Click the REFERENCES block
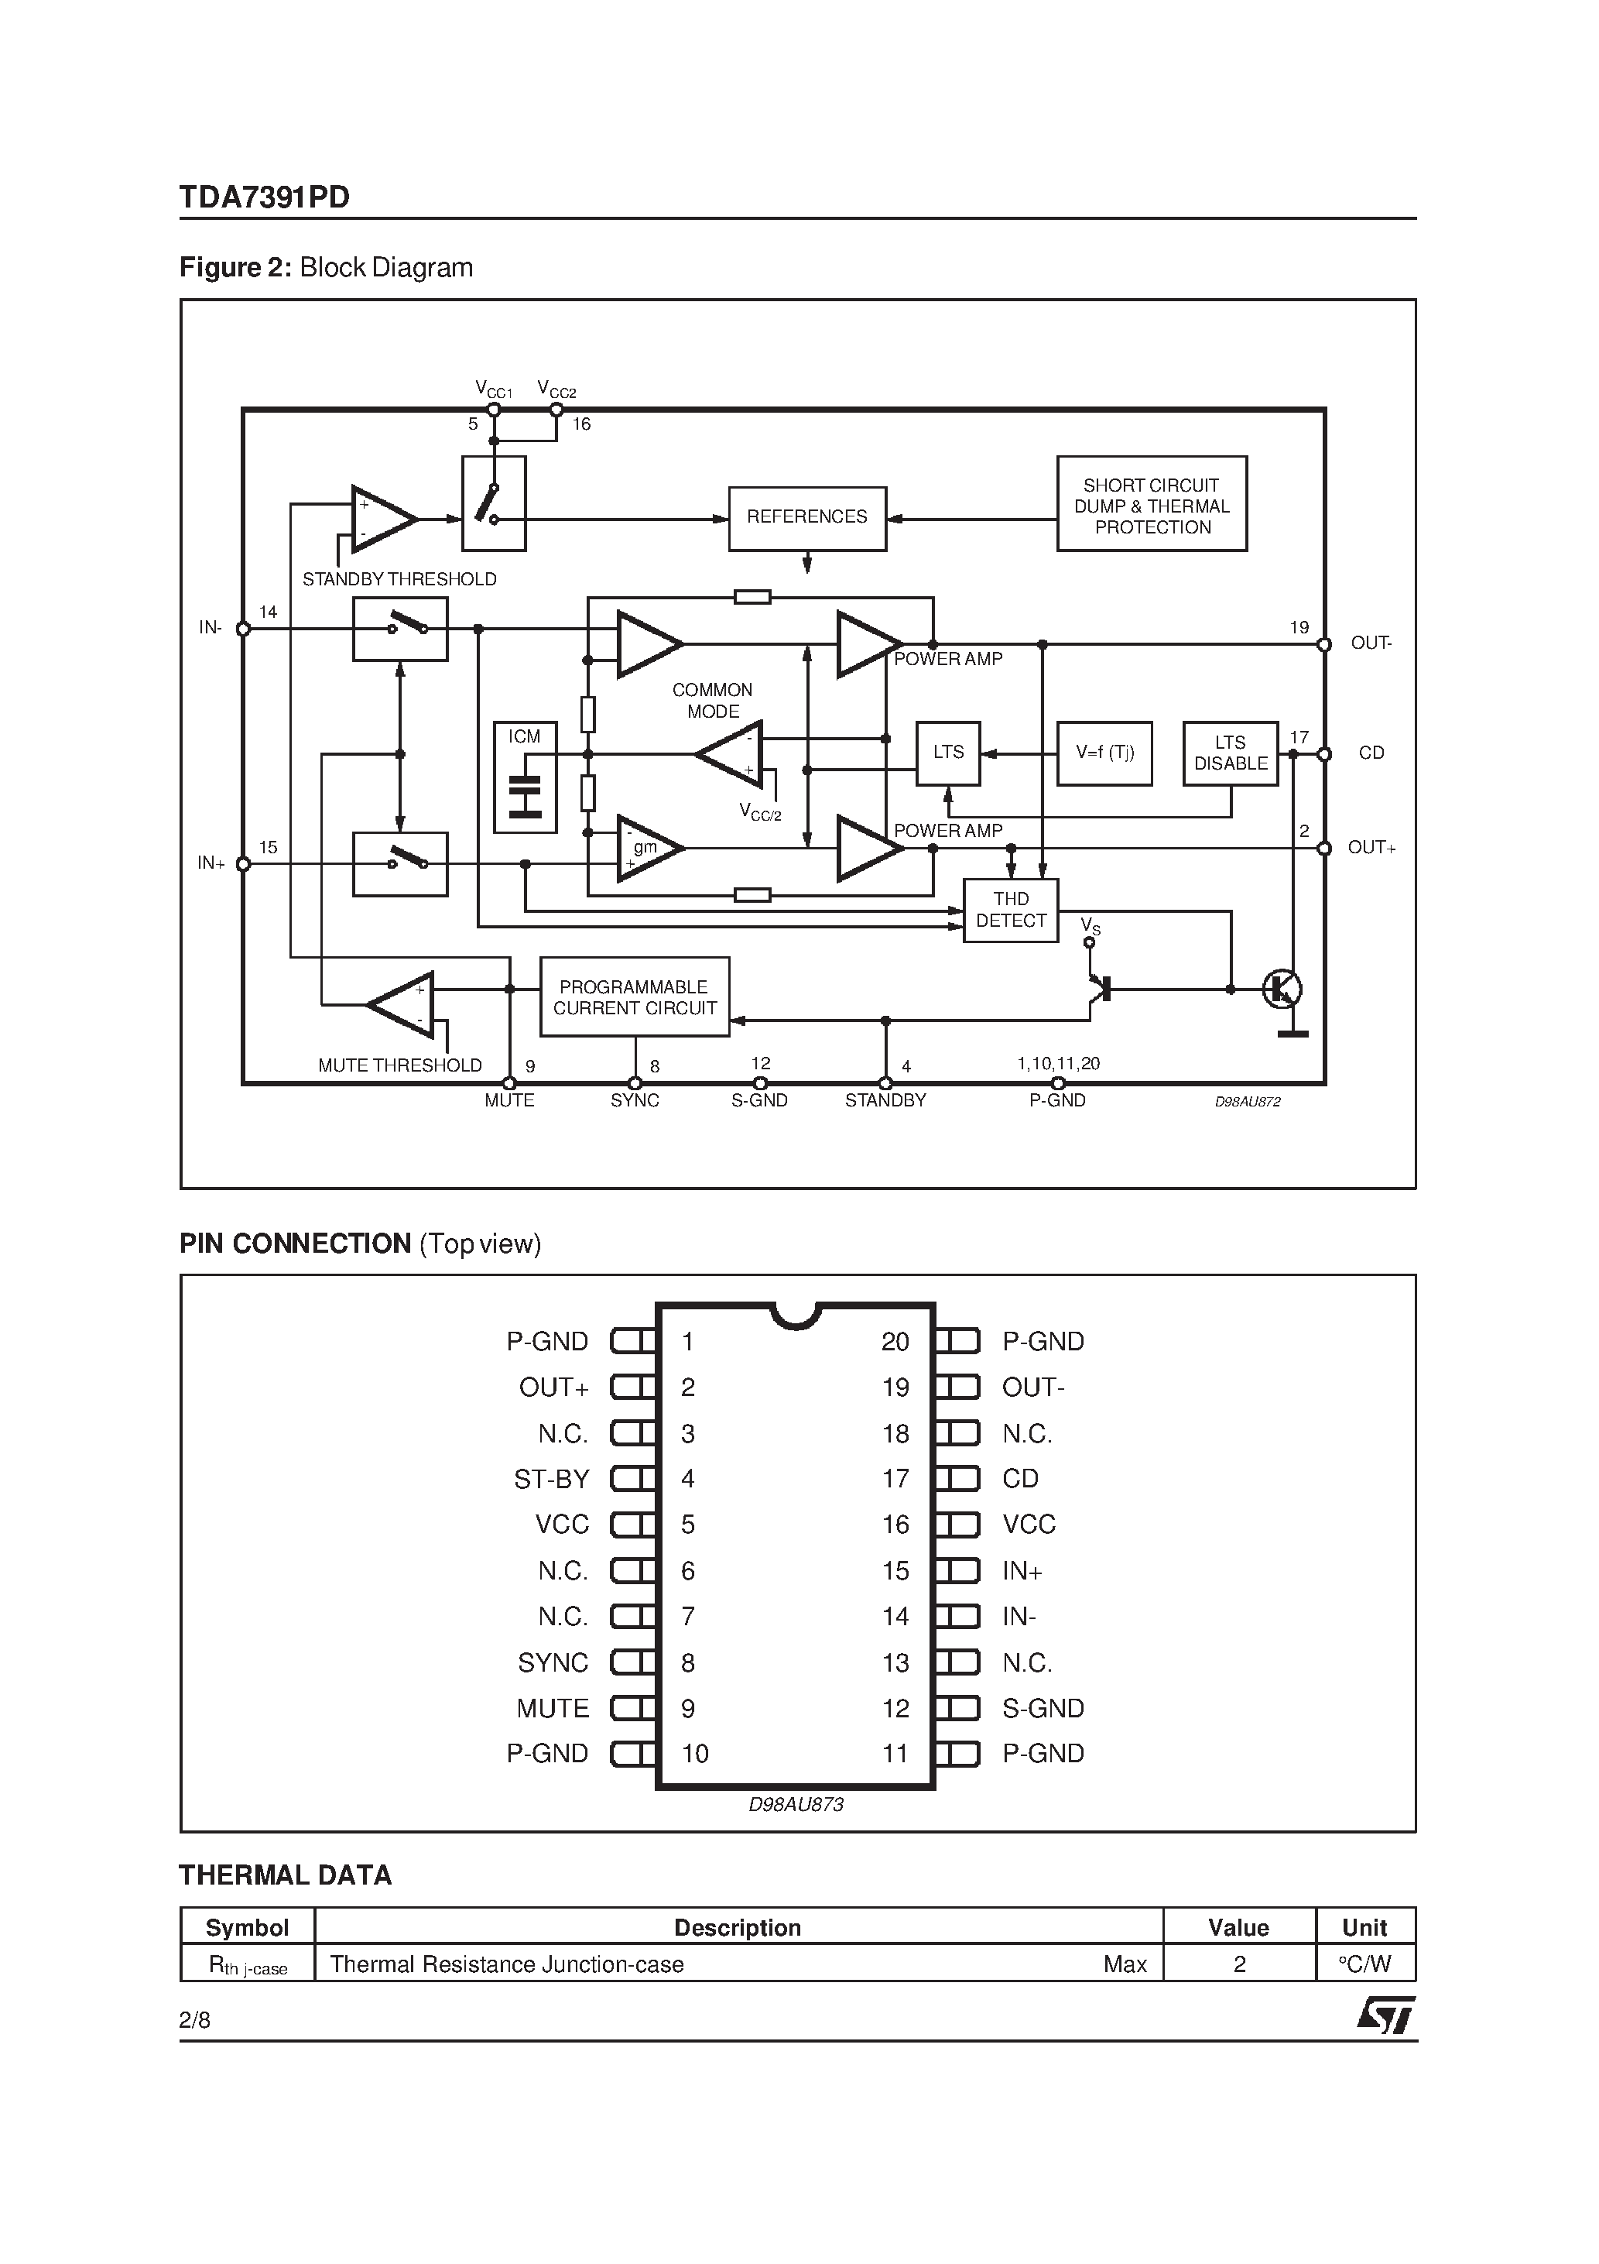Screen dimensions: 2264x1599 (806, 518)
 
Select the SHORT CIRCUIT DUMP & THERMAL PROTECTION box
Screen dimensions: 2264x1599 (1152, 504)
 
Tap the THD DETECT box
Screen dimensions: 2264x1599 (1011, 910)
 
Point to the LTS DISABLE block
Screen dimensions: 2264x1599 (1231, 753)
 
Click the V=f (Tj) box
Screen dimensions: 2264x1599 (1104, 753)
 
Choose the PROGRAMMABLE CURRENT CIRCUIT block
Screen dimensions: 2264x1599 (635, 997)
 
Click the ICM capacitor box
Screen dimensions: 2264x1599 (525, 777)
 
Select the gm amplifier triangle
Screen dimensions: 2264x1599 (648, 848)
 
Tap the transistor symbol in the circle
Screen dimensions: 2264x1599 (1282, 989)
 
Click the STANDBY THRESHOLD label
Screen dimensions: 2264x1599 (399, 580)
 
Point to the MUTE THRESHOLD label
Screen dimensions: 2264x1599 (399, 1066)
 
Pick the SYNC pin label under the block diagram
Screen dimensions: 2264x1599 (634, 1100)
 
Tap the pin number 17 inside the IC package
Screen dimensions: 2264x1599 (895, 1479)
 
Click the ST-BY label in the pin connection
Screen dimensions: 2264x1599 (551, 1479)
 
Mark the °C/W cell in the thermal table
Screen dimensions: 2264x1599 (1364, 1964)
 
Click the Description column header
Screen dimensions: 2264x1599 (738, 1928)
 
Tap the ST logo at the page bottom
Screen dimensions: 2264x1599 (1385, 2015)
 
